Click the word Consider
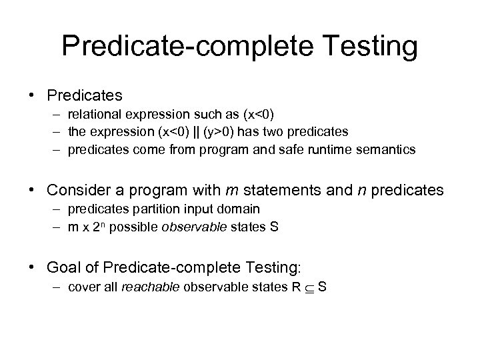[75, 190]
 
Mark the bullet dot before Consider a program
[32, 191]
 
